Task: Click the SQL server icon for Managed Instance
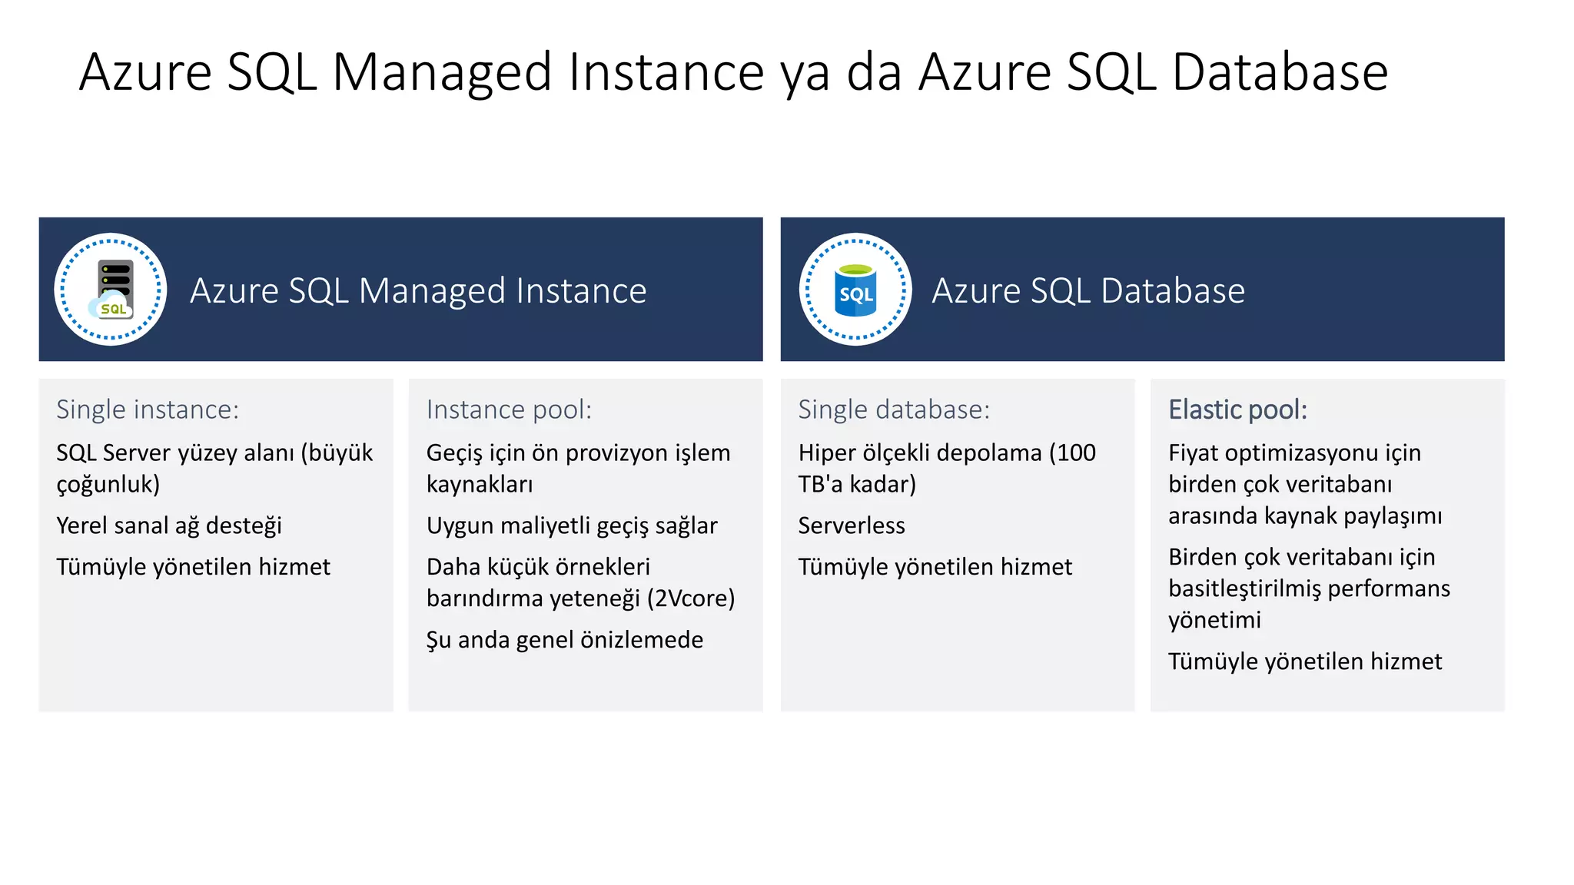pos(112,290)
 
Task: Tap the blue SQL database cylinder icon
pos(855,290)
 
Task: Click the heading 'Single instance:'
pos(148,409)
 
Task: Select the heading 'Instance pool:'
pos(509,409)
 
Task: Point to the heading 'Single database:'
pos(894,409)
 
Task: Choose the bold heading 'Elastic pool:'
pos(1237,409)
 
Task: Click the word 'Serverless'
pos(852,525)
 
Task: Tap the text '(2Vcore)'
pos(691,598)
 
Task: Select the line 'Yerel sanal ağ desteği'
pos(169,525)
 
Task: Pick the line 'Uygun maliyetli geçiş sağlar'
pos(572,525)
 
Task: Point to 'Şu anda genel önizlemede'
pos(565,639)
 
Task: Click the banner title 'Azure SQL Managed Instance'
pos(418,290)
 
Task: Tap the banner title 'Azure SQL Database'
pos(1088,290)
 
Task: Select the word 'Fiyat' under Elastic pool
pos(1193,452)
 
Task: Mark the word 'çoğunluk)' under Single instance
pos(108,484)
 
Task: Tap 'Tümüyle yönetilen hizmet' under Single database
pos(935,567)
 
